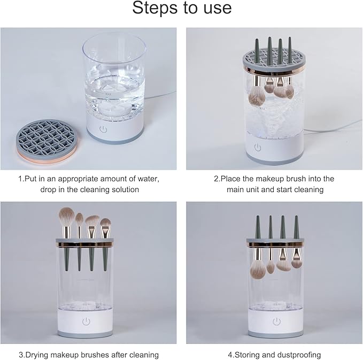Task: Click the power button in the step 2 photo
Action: (257, 146)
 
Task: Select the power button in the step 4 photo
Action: (275, 321)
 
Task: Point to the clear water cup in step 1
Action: (116, 75)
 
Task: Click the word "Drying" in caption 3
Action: (41, 354)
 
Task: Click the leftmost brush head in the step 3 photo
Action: (67, 217)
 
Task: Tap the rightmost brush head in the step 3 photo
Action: (106, 222)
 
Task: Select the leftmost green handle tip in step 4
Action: (258, 224)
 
